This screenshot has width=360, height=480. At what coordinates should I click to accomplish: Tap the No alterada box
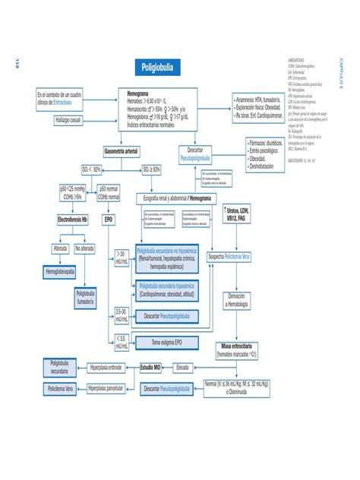(85, 248)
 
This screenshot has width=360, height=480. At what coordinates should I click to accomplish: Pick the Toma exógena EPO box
(166, 343)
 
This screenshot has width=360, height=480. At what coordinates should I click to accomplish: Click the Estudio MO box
(150, 367)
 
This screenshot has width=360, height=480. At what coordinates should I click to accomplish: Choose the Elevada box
(182, 367)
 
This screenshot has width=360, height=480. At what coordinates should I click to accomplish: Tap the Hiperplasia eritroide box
(105, 367)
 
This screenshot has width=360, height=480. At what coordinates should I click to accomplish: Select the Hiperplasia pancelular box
(105, 389)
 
